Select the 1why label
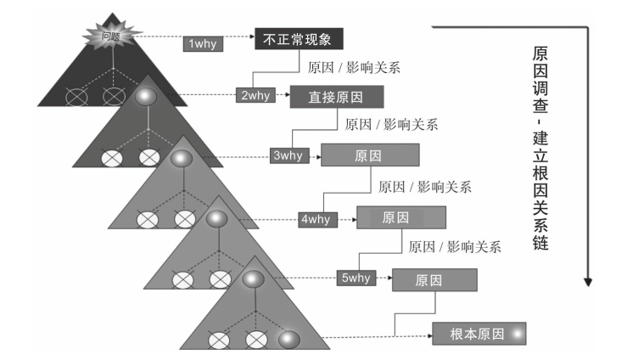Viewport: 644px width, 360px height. [x=202, y=43]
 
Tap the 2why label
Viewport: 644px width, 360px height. [x=255, y=95]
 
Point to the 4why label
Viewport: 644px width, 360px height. [x=315, y=219]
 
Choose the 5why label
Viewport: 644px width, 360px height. [x=356, y=278]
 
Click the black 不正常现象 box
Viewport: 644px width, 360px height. [x=302, y=37]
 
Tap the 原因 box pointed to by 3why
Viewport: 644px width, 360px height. [x=370, y=155]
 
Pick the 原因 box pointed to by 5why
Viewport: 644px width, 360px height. [x=434, y=279]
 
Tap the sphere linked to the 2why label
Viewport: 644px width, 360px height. [x=146, y=97]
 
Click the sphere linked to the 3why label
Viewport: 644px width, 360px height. [x=182, y=158]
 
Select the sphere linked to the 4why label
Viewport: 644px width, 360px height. [x=217, y=219]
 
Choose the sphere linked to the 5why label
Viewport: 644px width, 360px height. [x=253, y=278]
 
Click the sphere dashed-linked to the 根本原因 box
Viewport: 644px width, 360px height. [x=288, y=340]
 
